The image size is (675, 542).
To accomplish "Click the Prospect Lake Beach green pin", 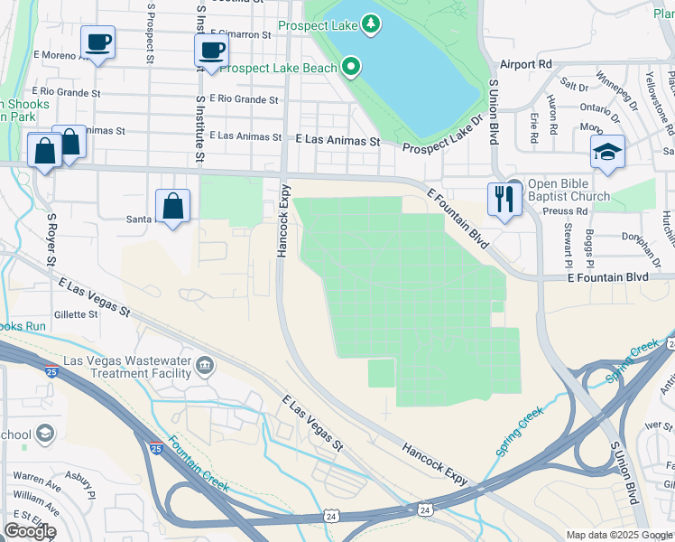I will click(x=352, y=67).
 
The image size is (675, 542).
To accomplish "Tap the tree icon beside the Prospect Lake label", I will click(x=371, y=23).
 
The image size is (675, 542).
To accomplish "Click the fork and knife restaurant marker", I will click(x=504, y=198).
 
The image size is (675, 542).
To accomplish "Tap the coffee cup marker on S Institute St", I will click(x=211, y=51).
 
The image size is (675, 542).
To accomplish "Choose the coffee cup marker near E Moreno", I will click(x=97, y=42).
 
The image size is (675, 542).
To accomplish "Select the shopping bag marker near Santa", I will click(x=173, y=206).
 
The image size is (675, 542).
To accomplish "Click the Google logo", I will click(x=30, y=531).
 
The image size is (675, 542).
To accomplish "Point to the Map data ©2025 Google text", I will click(x=619, y=535).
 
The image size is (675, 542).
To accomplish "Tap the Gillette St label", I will click(x=76, y=314).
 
